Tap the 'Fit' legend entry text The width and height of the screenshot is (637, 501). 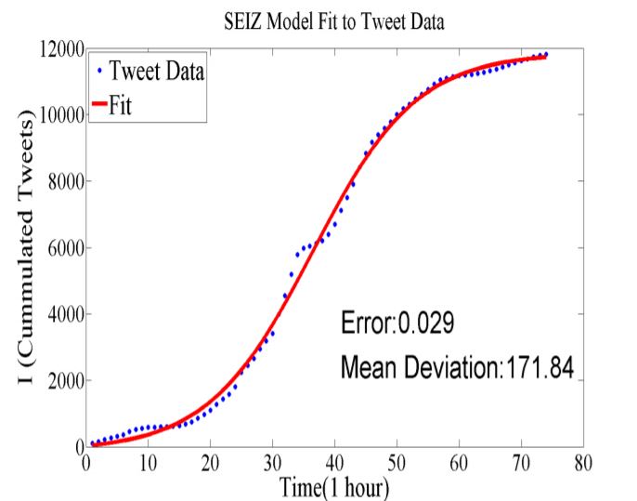(x=122, y=105)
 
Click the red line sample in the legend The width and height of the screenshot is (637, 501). (x=97, y=105)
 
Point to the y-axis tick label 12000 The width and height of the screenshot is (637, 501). (x=58, y=48)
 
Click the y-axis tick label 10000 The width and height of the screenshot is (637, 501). (x=58, y=114)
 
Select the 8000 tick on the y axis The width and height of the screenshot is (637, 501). (x=61, y=181)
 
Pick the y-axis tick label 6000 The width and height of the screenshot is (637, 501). (x=61, y=247)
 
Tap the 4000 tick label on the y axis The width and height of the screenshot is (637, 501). (x=61, y=314)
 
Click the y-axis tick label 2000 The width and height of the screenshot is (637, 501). (x=61, y=380)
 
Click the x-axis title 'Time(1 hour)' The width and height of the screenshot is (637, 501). (x=334, y=483)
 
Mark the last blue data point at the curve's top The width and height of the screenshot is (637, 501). (x=546, y=55)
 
